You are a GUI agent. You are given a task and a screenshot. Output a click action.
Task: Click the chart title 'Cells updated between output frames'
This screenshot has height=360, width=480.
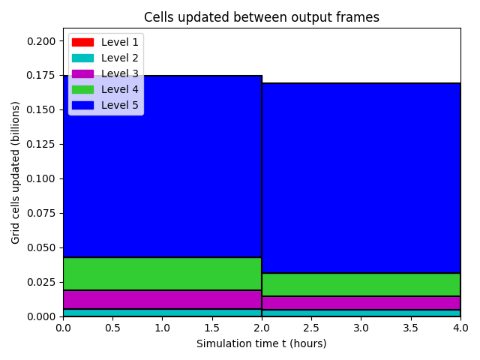(262, 17)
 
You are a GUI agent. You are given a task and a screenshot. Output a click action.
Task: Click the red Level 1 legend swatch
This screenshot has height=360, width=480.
(82, 42)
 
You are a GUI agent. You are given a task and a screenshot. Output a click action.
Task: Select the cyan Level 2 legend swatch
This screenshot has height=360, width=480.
(82, 58)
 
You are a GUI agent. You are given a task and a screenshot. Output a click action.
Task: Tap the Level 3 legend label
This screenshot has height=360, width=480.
(120, 73)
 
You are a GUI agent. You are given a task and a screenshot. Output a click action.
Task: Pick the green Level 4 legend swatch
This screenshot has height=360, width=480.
(82, 90)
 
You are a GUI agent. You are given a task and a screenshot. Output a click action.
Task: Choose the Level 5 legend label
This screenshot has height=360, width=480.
(120, 105)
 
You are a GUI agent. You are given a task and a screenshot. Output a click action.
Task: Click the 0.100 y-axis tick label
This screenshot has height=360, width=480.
(41, 178)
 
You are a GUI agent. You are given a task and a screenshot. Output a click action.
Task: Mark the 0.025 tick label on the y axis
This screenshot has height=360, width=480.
(41, 282)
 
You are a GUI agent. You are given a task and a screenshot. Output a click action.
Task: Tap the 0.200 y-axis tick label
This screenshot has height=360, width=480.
(41, 41)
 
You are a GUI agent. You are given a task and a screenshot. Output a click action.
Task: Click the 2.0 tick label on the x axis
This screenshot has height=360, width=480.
(262, 328)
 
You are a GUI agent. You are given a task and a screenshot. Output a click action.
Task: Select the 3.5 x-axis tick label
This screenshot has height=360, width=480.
(410, 328)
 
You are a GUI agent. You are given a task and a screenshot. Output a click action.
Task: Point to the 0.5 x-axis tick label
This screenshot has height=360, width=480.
(112, 328)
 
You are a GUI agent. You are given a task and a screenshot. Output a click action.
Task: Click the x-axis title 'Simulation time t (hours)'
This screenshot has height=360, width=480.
(262, 343)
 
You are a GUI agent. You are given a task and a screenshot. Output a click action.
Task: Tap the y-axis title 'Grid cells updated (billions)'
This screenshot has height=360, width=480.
(15, 172)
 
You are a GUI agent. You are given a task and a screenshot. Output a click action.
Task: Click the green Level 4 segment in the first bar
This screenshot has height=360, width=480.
(162, 274)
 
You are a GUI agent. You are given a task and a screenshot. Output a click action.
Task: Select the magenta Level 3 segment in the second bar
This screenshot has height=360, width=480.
(361, 303)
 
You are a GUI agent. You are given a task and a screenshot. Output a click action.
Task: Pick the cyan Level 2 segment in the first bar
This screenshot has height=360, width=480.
(162, 313)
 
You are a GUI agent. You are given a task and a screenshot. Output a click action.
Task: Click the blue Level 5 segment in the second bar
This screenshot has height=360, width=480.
(361, 178)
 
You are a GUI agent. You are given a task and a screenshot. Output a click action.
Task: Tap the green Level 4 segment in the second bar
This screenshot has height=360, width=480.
(361, 285)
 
